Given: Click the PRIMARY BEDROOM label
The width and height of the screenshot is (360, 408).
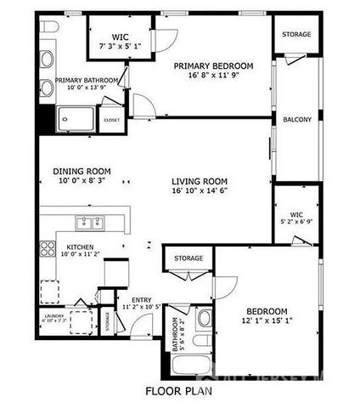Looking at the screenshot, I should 213,65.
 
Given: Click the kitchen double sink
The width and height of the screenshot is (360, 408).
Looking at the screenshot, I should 87,224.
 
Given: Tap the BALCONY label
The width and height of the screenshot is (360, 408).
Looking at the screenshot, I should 297,120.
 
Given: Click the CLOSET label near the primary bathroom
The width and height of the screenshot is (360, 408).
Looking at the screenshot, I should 112,121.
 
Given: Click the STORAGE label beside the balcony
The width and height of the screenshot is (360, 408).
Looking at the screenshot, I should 297,35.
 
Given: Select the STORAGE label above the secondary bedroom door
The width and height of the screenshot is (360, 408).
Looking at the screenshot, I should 188,258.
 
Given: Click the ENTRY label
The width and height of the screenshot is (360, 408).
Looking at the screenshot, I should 141,299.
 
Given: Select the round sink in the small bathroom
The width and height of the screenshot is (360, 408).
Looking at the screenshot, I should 204,321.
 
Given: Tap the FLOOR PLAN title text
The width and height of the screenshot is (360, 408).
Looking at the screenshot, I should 177,393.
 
